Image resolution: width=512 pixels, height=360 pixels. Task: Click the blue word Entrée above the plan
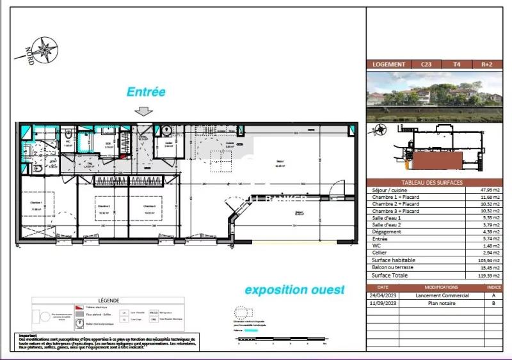[146, 92]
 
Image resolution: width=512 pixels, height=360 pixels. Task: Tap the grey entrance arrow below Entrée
[145, 111]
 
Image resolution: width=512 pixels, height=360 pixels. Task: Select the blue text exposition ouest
[294, 290]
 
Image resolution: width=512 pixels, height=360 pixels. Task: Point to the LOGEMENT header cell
[388, 64]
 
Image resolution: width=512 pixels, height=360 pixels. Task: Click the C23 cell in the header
[426, 64]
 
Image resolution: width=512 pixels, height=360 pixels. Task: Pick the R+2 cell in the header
[487, 64]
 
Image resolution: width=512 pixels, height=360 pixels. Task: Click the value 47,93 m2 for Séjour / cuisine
[489, 191]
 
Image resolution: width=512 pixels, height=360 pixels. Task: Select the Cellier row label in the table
[379, 253]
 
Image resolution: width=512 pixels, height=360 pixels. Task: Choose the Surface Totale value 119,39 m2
[489, 274]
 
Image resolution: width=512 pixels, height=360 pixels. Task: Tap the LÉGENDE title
[108, 300]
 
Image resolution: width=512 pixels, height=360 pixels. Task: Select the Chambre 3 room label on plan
[150, 207]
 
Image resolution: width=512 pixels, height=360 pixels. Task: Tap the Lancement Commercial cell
[442, 295]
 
